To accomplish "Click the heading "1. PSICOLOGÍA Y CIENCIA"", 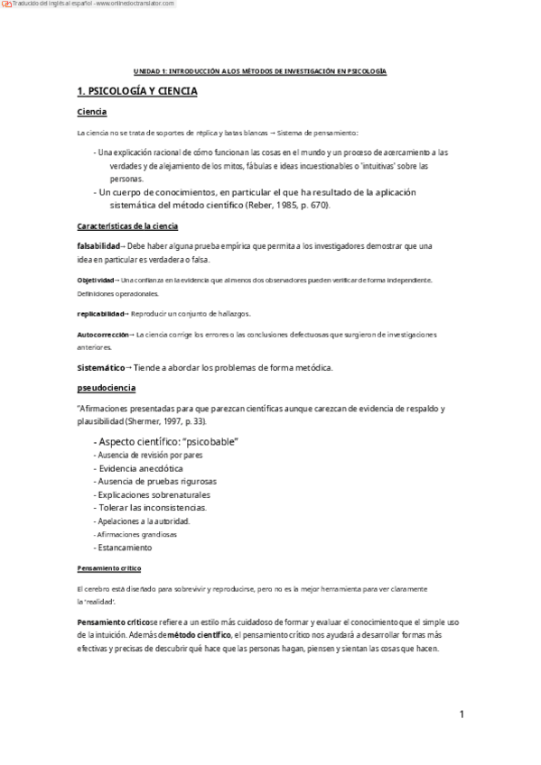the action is pyautogui.click(x=137, y=92).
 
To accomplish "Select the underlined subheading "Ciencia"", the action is pyautogui.click(x=92, y=112).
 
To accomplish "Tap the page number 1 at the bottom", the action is pyautogui.click(x=461, y=714).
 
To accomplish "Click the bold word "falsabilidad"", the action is pyautogui.click(x=98, y=245).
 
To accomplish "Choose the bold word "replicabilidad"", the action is pyautogui.click(x=101, y=313).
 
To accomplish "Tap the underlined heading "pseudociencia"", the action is pyautogui.click(x=107, y=387).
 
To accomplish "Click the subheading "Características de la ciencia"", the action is pyautogui.click(x=127, y=226).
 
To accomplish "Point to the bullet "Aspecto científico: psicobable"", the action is pyautogui.click(x=165, y=441).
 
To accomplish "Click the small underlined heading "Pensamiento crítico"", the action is pyautogui.click(x=108, y=568).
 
